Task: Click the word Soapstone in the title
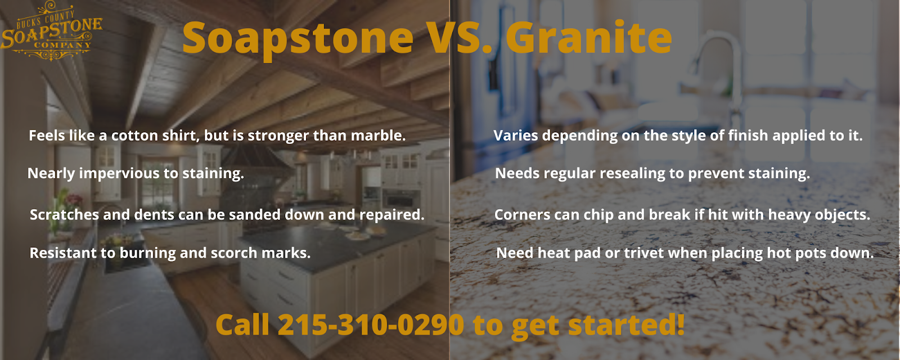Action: coord(298,38)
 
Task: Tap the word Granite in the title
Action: coord(588,38)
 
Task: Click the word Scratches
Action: coord(64,215)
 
